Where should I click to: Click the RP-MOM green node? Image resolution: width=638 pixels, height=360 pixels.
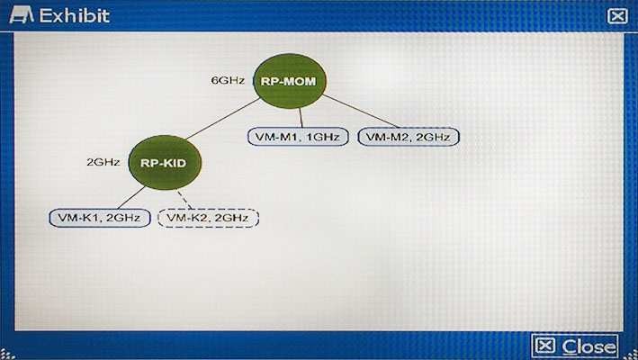[x=289, y=81]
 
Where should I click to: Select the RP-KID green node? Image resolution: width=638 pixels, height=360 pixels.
[x=165, y=162]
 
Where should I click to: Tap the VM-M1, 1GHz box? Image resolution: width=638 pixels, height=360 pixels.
[x=298, y=137]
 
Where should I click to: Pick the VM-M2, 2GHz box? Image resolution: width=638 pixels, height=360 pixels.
[x=409, y=137]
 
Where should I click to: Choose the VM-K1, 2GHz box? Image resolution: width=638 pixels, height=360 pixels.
[x=100, y=218]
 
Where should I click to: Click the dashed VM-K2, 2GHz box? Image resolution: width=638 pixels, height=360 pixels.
[x=208, y=218]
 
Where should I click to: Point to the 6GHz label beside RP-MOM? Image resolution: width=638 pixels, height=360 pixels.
[x=228, y=80]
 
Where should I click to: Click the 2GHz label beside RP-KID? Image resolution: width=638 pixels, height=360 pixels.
[x=103, y=162]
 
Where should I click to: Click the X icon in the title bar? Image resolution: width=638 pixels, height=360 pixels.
[x=617, y=16]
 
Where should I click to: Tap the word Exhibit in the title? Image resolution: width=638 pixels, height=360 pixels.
[x=75, y=16]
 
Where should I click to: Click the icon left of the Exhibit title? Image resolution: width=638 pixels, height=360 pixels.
[x=22, y=15]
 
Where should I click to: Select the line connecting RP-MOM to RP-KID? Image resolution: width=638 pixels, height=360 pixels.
[x=222, y=119]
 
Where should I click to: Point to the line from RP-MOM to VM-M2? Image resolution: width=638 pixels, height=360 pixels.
[x=361, y=111]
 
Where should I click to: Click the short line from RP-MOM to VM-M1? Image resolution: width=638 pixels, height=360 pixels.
[x=301, y=118]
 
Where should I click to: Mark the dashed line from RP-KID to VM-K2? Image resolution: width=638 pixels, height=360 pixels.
[x=184, y=199]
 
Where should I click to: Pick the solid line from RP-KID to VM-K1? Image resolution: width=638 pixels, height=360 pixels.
[x=131, y=198]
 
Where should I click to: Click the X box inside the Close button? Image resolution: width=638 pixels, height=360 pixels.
[x=545, y=346]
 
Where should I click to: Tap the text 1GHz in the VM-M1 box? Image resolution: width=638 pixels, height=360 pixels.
[x=322, y=137]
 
